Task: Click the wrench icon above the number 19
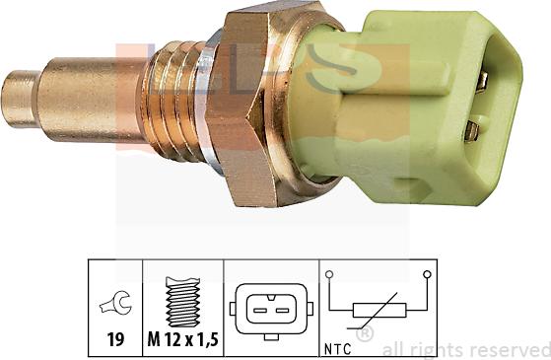116,306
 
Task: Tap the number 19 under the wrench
116,341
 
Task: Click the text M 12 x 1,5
184,341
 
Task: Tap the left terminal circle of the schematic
330,274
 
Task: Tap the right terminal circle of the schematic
427,274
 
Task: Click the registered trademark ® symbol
364,335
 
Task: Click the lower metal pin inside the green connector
473,128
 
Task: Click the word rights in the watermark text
439,349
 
